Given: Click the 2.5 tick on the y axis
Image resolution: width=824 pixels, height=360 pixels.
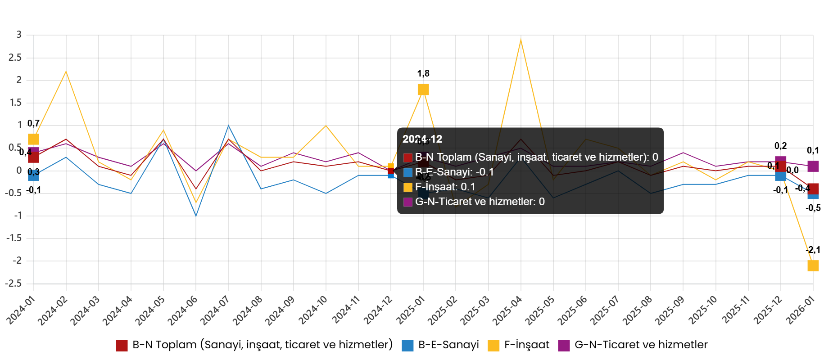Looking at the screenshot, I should tap(15, 58).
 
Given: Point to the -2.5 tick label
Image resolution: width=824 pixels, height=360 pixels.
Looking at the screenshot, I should tap(14, 283).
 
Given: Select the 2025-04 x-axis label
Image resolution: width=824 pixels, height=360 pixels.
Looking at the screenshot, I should tap(507, 310).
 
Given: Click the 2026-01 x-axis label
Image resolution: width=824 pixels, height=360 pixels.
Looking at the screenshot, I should tap(801, 310).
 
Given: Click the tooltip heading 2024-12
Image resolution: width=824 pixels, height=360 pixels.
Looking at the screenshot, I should tap(422, 139).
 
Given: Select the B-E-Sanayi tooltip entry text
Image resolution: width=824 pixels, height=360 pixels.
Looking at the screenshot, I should tap(454, 172).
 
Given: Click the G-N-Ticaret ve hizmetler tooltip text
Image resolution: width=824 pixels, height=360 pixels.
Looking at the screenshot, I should tap(480, 202).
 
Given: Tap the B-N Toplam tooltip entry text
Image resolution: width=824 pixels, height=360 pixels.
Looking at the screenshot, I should tap(536, 157).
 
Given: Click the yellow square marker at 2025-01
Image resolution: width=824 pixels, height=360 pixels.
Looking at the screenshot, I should tap(423, 90).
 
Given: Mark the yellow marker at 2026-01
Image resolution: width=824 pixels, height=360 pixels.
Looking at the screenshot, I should tap(813, 266).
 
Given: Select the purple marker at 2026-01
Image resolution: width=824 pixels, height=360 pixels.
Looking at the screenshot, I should tap(813, 166).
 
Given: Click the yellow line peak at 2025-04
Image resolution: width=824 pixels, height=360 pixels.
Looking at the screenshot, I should tap(521, 40).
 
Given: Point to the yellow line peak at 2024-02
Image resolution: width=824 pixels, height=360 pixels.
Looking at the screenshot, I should tap(66, 72).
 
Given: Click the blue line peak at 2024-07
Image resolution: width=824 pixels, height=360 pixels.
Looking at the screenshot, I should tap(228, 126).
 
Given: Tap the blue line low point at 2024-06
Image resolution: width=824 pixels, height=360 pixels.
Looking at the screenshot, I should tap(196, 216).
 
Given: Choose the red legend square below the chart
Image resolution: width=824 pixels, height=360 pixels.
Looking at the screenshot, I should tap(122, 346).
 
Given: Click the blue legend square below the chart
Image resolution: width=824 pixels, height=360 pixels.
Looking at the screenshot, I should tap(407, 346).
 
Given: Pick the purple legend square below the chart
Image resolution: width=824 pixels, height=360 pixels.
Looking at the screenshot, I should tap(564, 346).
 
